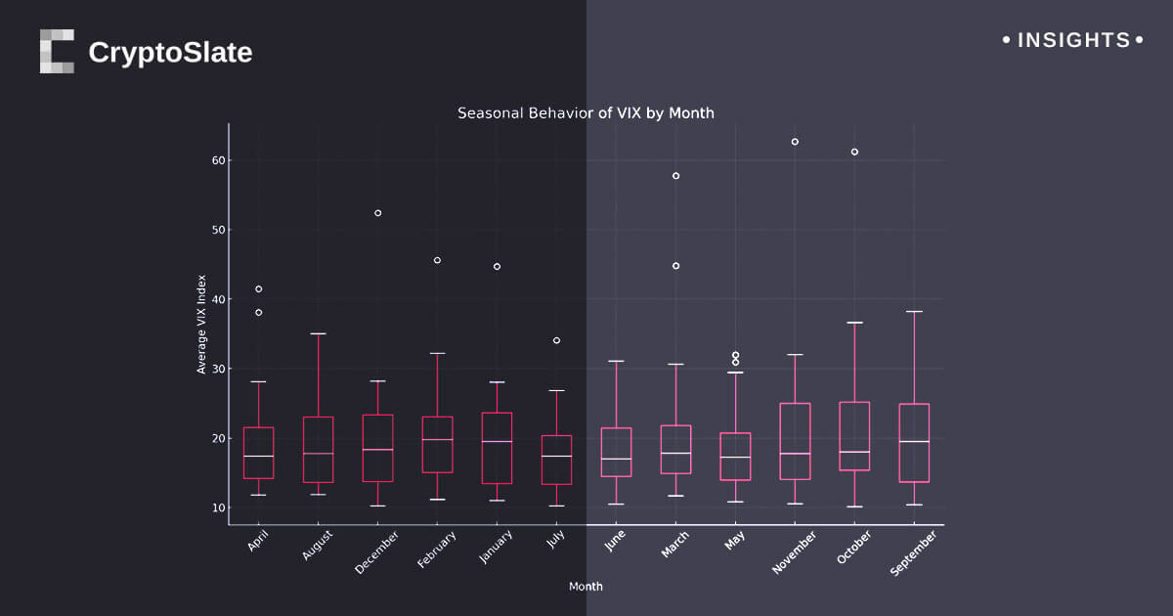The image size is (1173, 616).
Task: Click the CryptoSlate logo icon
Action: [57, 51]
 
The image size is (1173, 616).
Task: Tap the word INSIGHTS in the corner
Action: [1073, 41]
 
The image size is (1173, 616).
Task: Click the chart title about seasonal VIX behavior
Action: [586, 113]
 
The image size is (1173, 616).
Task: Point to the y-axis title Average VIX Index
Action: [201, 324]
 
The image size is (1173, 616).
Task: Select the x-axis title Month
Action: [586, 587]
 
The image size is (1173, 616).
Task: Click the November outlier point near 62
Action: [795, 142]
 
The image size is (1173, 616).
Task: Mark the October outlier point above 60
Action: [854, 152]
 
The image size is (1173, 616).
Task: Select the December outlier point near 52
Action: [377, 213]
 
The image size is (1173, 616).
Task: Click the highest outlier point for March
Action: [675, 176]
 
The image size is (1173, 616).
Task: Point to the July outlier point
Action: [556, 340]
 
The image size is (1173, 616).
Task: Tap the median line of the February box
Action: [437, 440]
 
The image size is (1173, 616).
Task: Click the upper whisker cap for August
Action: [318, 333]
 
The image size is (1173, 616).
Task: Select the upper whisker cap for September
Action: [914, 312]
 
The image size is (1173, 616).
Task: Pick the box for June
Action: [616, 452]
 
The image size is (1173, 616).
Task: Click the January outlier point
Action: [497, 266]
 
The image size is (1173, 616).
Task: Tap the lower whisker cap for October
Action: [854, 506]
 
